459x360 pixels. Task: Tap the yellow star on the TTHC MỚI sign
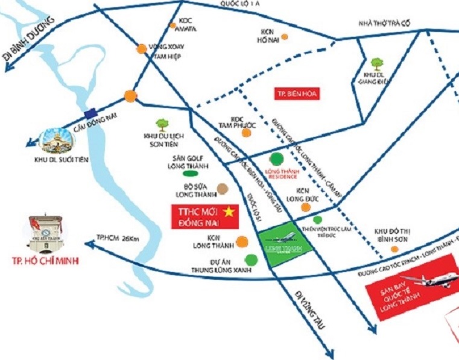tap(229, 212)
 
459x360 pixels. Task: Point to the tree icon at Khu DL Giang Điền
tap(377, 63)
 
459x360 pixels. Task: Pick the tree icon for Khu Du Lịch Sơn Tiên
tap(162, 124)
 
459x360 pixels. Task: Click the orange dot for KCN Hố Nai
tap(285, 37)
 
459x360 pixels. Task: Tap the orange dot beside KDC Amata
tap(173, 25)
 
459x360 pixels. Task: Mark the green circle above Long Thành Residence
tap(276, 160)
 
